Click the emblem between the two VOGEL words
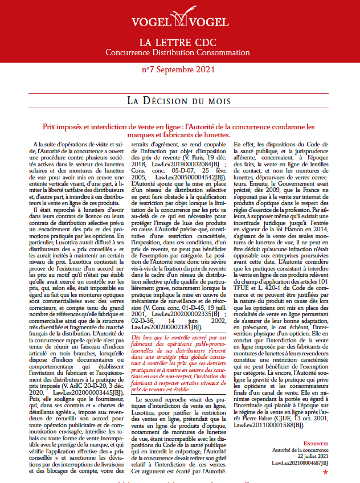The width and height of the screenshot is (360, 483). click(x=179, y=22)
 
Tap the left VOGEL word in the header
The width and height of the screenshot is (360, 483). click(x=151, y=22)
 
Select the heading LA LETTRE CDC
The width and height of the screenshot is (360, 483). click(x=179, y=43)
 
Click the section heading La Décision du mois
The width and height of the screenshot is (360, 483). click(x=179, y=101)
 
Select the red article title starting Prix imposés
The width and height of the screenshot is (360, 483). click(x=179, y=130)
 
